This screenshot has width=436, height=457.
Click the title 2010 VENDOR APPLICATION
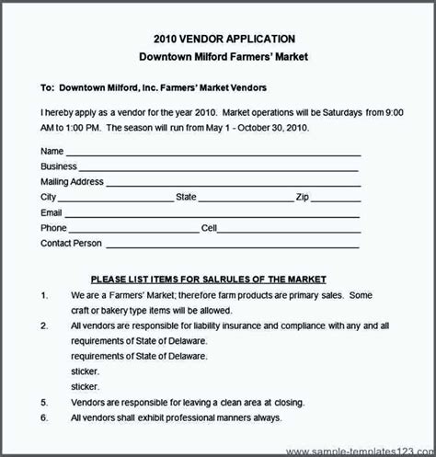218,39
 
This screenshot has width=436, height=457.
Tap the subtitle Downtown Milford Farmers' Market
218,57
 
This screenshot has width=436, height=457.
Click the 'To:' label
48,88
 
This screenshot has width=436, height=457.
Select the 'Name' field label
52,151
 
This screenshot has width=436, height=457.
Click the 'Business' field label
59,166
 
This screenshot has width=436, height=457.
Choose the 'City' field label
49,197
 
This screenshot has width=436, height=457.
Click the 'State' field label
187,197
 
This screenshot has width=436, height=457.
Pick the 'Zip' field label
302,197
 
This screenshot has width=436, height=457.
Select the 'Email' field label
52,212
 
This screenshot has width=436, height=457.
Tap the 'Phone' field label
53,228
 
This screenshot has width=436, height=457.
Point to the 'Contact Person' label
71,244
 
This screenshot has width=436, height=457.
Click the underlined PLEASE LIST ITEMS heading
208,279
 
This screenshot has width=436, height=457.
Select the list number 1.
44,295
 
